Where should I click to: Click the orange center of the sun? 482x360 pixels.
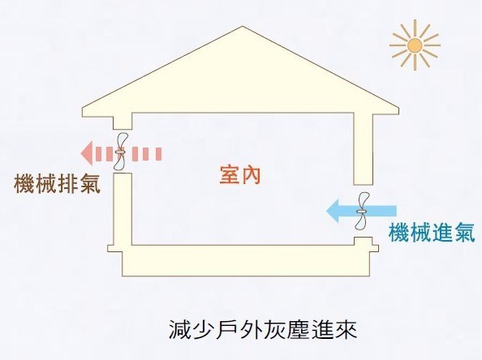click(415, 45)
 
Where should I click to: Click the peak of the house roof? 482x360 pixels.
click(243, 27)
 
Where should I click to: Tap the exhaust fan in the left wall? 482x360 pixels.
click(119, 152)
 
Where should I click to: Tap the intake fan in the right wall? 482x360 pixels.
click(362, 211)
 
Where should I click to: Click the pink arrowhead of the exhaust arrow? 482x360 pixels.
click(86, 153)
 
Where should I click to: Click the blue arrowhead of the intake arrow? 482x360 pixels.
click(333, 211)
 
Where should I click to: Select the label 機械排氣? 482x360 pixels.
click(57, 184)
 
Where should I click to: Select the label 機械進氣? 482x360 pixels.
click(432, 232)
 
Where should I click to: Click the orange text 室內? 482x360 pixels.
click(240, 175)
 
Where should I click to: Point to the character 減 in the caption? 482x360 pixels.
click(179, 329)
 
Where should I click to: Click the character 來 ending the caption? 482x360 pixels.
click(346, 329)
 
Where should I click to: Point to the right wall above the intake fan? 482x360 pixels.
click(363, 149)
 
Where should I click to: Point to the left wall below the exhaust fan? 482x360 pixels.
click(123, 209)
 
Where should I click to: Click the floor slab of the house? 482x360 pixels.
click(243, 260)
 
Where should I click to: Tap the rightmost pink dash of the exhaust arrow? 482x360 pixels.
click(158, 154)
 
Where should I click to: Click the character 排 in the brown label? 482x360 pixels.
click(67, 184)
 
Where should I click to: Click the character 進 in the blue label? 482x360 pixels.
click(442, 232)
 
